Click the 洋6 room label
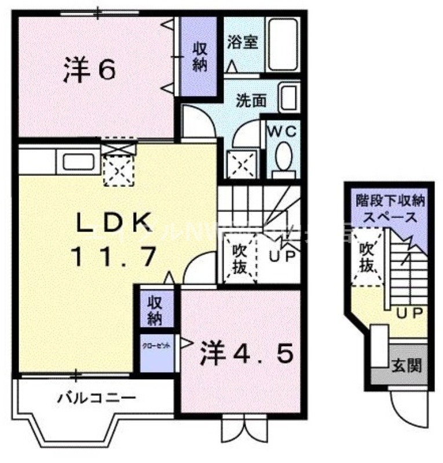(89, 70)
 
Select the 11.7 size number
(115, 255)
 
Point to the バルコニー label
(96, 398)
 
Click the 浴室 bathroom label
(243, 43)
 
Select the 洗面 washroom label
(251, 101)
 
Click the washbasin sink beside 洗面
(288, 98)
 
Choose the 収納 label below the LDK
(155, 311)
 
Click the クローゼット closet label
(157, 346)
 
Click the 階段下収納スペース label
(386, 210)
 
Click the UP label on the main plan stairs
(283, 254)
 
